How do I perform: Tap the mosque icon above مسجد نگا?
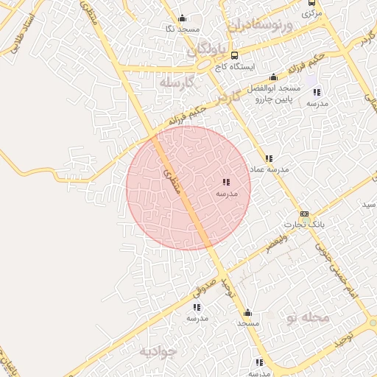182,18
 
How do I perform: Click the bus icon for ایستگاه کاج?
234,55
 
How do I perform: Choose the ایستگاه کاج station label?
234,66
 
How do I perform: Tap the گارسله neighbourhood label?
175,82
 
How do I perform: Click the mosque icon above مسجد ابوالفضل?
274,77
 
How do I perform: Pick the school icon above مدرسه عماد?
269,158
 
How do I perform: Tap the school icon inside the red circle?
226,182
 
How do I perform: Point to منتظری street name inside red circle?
171,175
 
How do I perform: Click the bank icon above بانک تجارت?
304,213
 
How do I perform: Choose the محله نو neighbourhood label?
307,317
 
